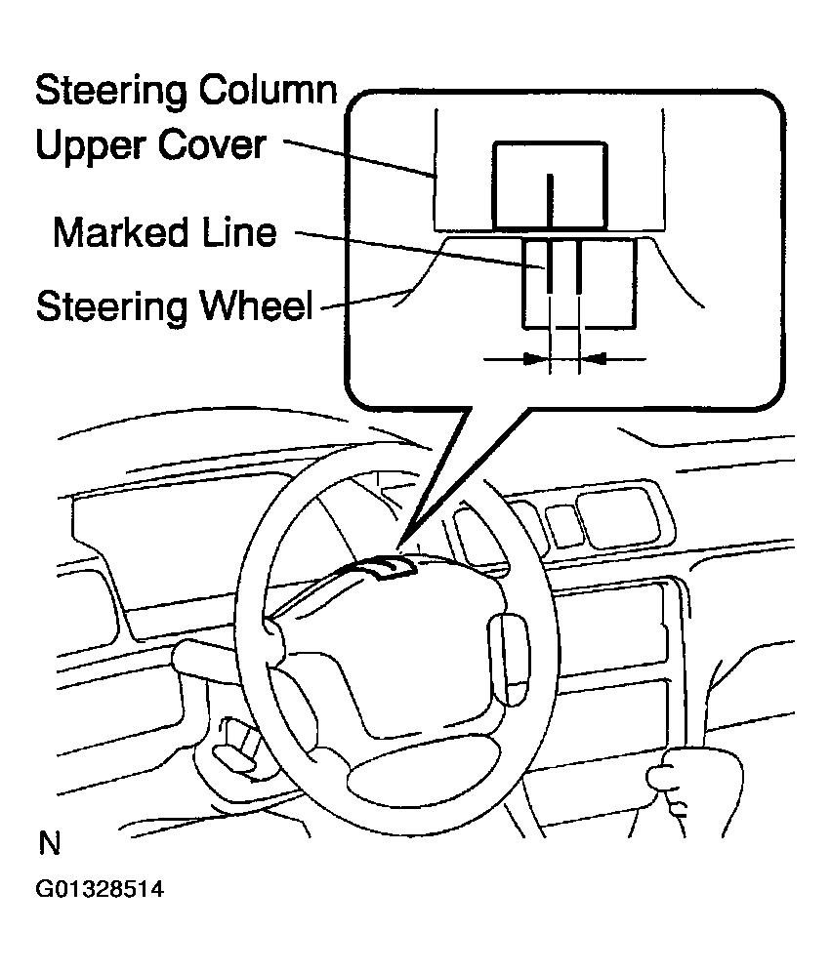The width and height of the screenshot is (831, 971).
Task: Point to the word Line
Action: pos(240,233)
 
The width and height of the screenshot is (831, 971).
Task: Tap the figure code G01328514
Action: pos(99,890)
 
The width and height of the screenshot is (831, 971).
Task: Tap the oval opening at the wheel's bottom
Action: pos(406,781)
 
